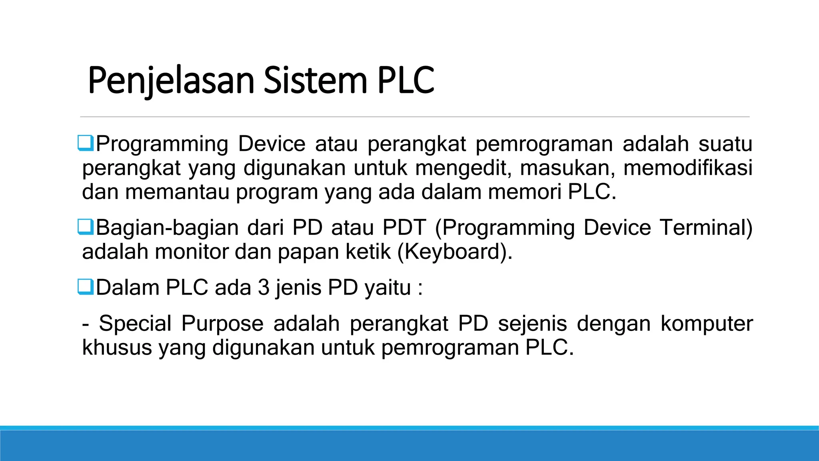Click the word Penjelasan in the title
pos(171,81)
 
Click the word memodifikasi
pos(688,168)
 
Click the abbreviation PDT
pos(404,227)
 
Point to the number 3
pos(264,287)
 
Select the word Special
pos(135,323)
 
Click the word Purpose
pos(222,323)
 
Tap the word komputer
pos(707,323)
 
